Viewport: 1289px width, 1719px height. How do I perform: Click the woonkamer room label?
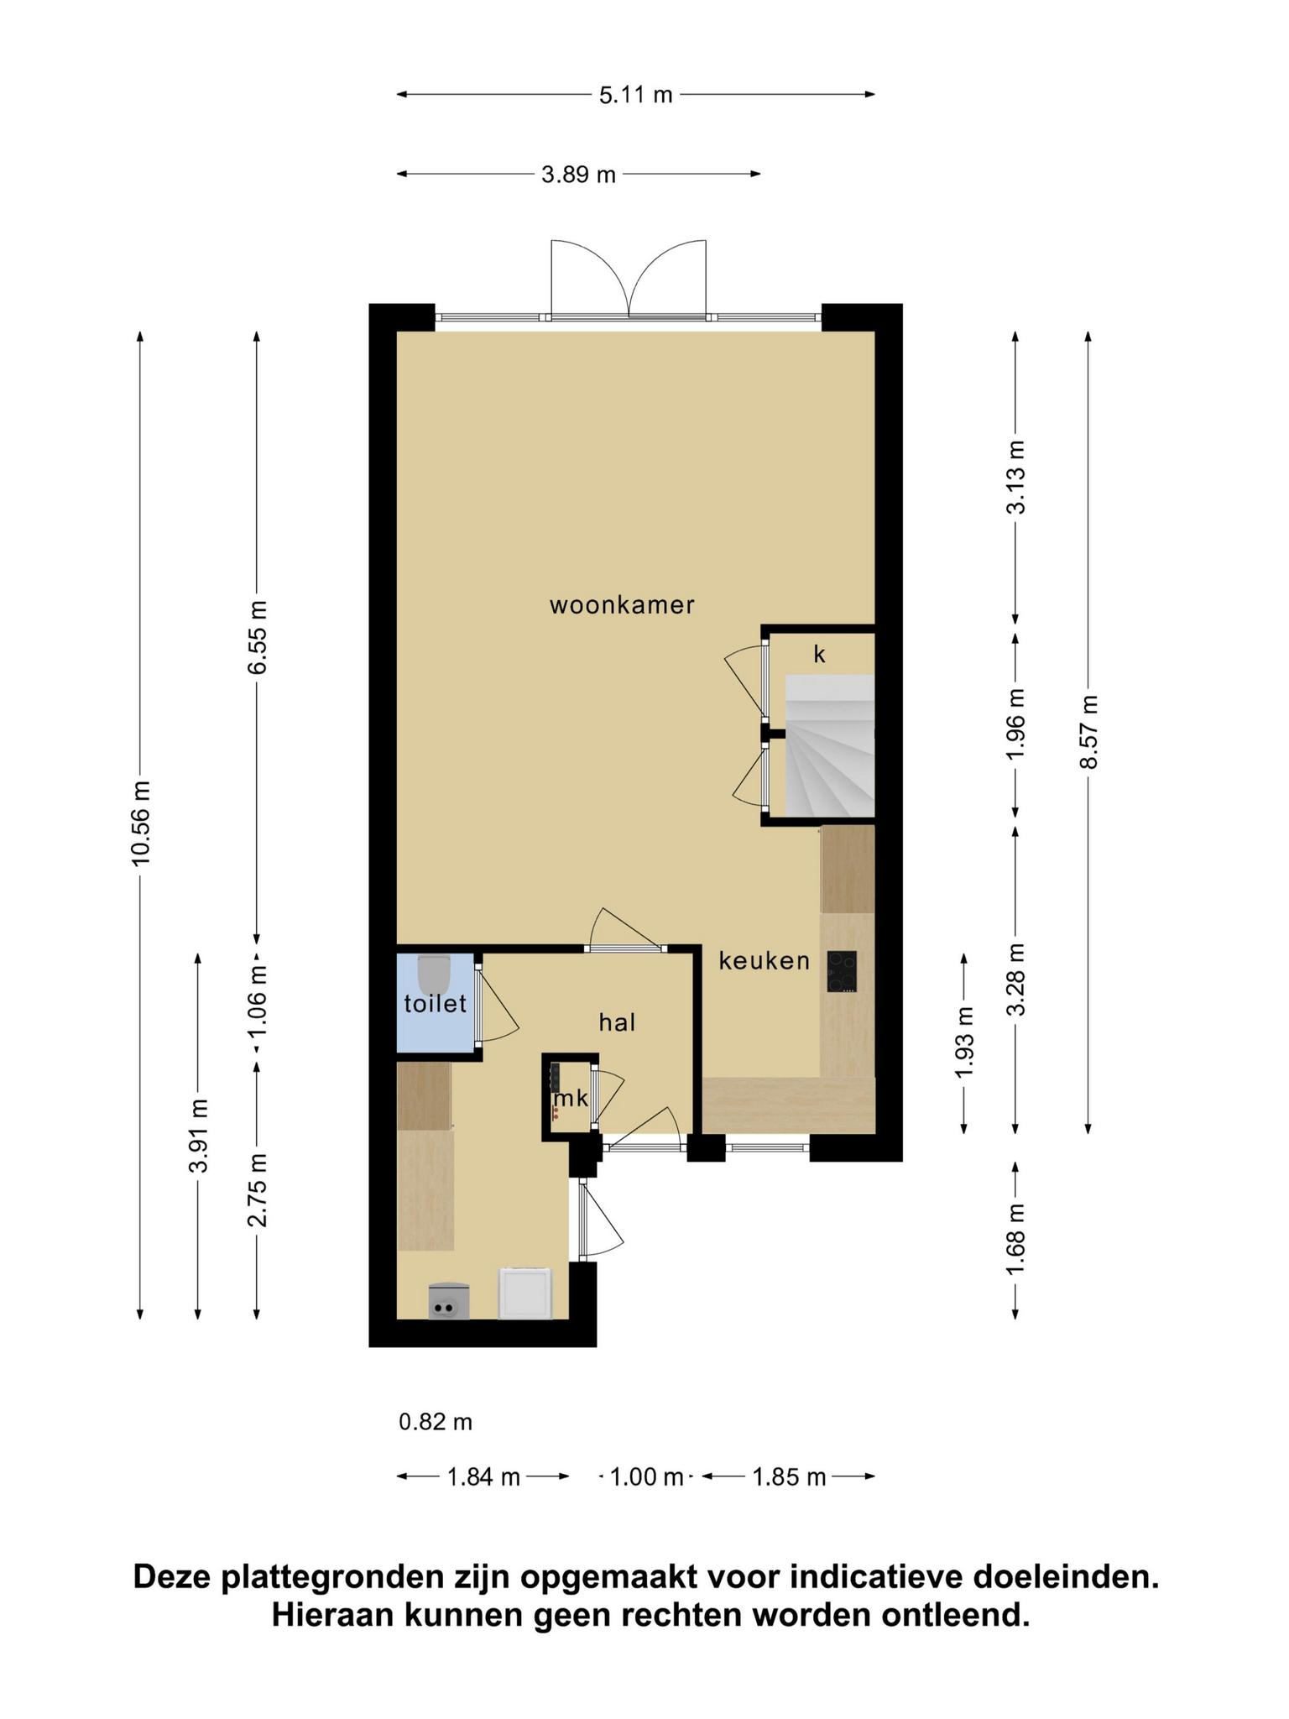pyautogui.click(x=622, y=605)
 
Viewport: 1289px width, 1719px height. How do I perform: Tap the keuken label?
pyautogui.click(x=765, y=961)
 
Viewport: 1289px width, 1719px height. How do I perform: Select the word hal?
pyautogui.click(x=617, y=1022)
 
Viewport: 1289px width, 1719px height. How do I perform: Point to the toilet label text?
pyautogui.click(x=436, y=1004)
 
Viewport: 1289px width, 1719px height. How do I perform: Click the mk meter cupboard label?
pyautogui.click(x=571, y=1098)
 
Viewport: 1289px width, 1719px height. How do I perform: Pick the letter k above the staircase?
pyautogui.click(x=820, y=654)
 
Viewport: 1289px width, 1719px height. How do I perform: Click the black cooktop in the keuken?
pyautogui.click(x=842, y=972)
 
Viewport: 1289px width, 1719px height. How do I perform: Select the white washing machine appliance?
pyautogui.click(x=525, y=1293)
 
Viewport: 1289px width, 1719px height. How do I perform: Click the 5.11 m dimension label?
pyautogui.click(x=636, y=95)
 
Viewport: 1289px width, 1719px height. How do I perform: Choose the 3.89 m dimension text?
pyautogui.click(x=579, y=175)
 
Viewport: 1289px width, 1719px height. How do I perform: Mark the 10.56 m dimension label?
pyautogui.click(x=140, y=822)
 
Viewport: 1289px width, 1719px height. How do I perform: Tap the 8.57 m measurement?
pyautogui.click(x=1088, y=731)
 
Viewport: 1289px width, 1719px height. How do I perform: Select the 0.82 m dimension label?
pyautogui.click(x=436, y=1422)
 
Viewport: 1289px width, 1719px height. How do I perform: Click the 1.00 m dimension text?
pyautogui.click(x=646, y=1477)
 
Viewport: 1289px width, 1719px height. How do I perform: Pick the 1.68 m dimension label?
pyautogui.click(x=1016, y=1239)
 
